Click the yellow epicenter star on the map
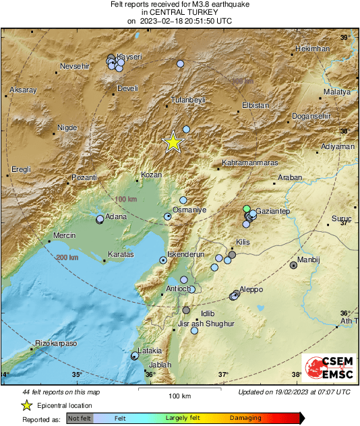pos(173,142)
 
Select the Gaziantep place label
pos(273,212)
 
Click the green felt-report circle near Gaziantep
pos(247,208)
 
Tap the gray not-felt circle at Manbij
pos(293,266)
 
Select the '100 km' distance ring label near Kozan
pos(126,200)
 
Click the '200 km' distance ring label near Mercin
pos(68,257)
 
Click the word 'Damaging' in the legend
pos(246,419)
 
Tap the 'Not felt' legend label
pos(80,419)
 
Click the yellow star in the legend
pos(26,405)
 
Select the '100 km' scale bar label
pos(180,396)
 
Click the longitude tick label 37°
pos(223,375)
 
